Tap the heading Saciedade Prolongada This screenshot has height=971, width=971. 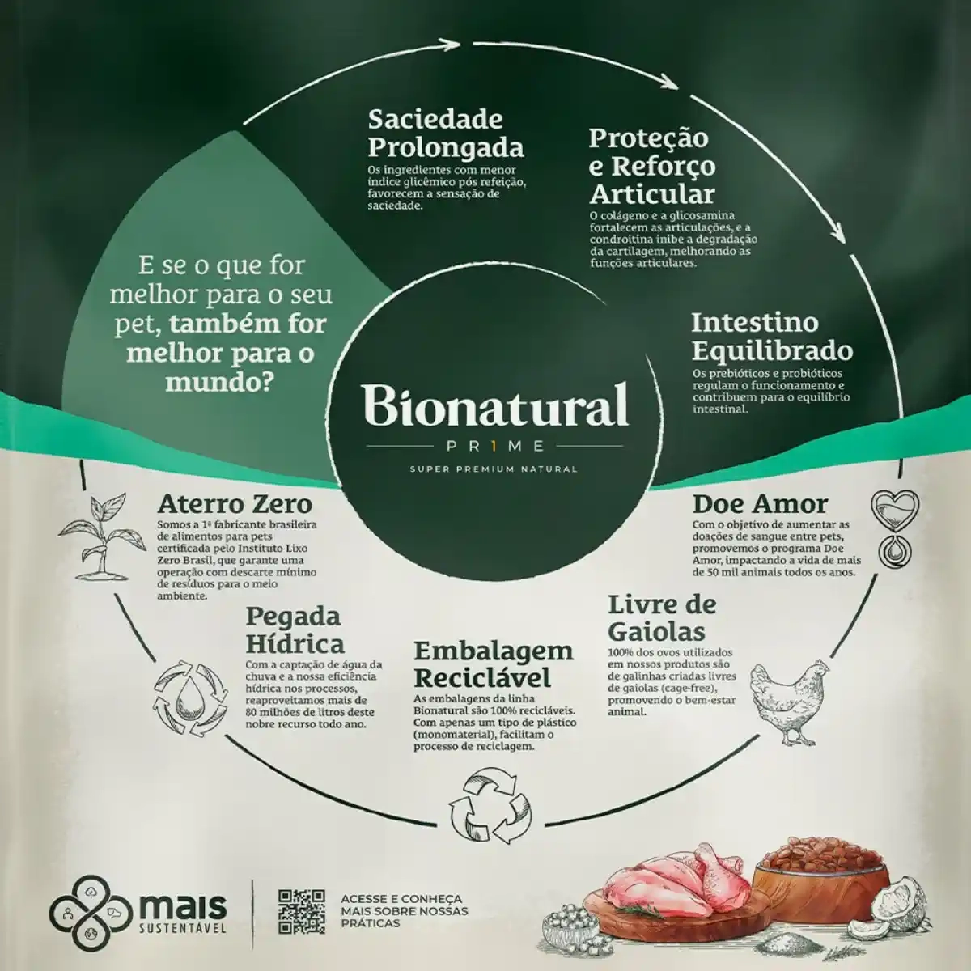coord(446,134)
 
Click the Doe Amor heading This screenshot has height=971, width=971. coord(760,503)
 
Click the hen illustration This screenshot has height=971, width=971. coord(781,698)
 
